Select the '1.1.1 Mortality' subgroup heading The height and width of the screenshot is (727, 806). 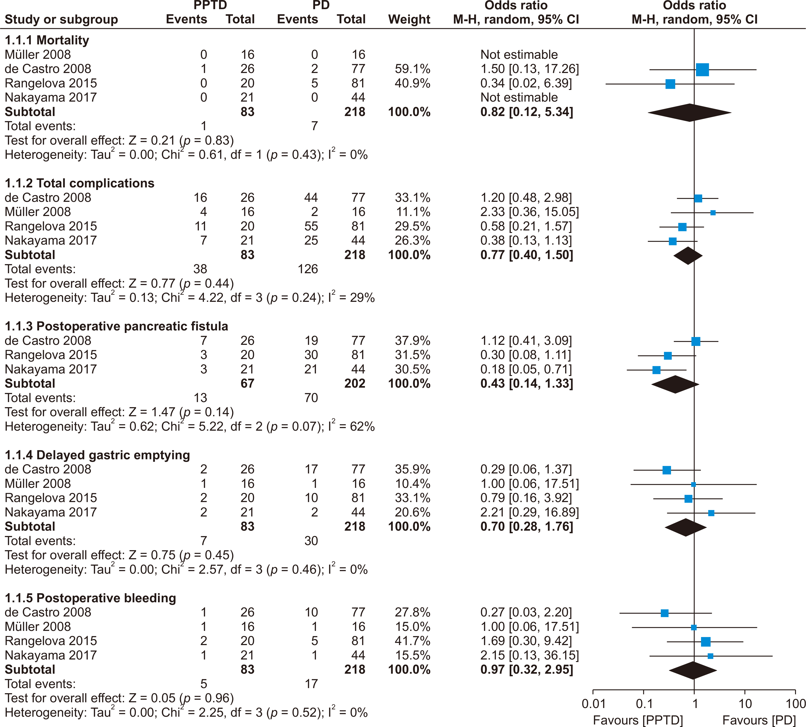[47, 40]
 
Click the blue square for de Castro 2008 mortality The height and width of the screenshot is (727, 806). [702, 70]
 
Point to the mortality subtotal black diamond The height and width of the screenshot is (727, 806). [689, 112]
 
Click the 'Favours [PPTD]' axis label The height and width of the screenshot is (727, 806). [637, 720]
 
